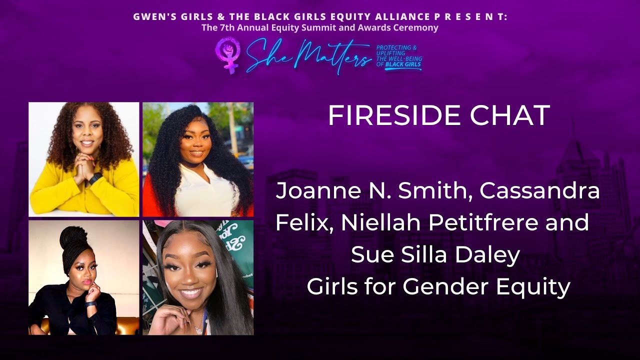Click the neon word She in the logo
[263, 54]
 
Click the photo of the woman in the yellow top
[84, 159]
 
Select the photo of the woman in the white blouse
[198, 159]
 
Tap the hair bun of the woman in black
[73, 237]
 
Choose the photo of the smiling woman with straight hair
[198, 277]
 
